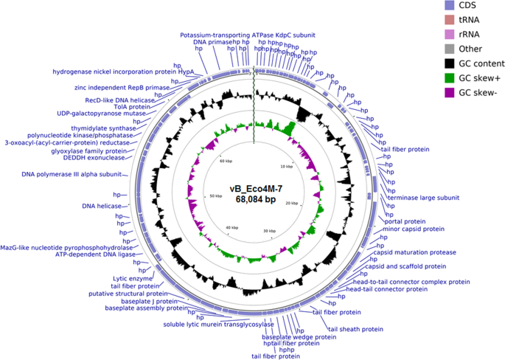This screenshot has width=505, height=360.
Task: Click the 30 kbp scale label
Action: click(x=269, y=232)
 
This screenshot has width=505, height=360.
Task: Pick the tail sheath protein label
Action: click(x=355, y=329)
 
